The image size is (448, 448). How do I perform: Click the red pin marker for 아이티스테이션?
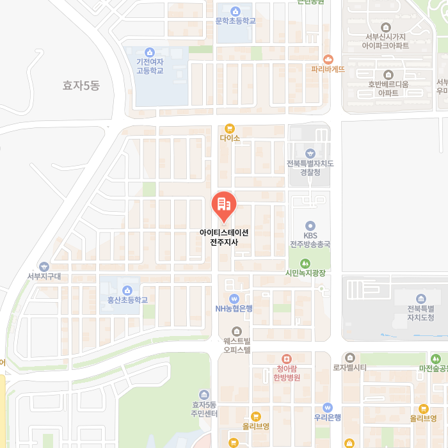tap(223, 205)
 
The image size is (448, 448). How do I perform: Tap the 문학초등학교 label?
tap(235, 20)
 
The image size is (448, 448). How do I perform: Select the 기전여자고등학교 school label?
tap(150, 66)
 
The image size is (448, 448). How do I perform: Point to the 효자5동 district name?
tap(81, 85)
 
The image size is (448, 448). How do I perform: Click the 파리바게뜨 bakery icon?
tap(328, 58)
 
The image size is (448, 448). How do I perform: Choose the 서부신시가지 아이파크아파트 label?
tap(385, 41)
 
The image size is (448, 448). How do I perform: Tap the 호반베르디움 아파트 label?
tap(388, 88)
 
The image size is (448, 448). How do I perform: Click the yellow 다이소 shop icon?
tap(229, 128)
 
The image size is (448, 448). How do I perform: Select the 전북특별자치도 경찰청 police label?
tap(310, 167)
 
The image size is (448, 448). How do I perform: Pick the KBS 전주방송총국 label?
tap(310, 240)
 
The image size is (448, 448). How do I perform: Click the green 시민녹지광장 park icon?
tap(305, 262)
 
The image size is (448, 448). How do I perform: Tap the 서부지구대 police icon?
tap(44, 266)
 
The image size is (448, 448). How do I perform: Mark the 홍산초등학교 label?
tap(127, 299)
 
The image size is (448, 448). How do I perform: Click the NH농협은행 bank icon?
tap(234, 298)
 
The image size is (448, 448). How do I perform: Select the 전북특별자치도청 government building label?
tap(420, 313)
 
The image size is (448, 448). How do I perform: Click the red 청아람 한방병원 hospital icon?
tap(287, 359)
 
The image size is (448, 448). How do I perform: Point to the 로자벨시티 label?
tap(349, 367)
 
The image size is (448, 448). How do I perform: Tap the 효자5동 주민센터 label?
tap(205, 409)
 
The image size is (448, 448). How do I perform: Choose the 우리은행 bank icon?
tap(328, 407)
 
